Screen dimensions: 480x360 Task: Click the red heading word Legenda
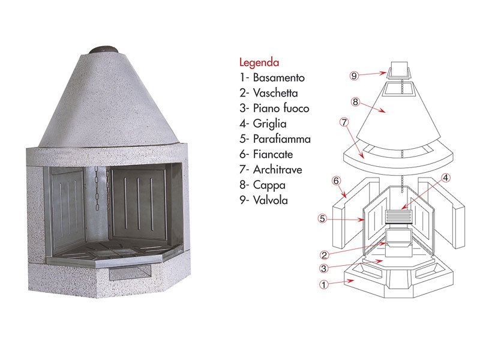click(x=259, y=63)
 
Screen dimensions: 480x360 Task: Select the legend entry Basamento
click(x=272, y=77)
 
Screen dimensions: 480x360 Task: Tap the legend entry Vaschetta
click(x=268, y=93)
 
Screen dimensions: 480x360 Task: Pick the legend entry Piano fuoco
click(x=274, y=108)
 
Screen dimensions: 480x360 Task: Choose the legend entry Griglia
click(x=263, y=124)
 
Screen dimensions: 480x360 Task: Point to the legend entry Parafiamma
click(x=275, y=139)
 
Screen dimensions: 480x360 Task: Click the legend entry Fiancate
click(x=266, y=154)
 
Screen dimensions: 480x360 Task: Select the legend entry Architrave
click(x=271, y=170)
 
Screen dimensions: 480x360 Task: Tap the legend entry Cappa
click(x=262, y=185)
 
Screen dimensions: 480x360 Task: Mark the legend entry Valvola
click(x=263, y=200)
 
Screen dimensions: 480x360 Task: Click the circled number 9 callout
click(x=354, y=76)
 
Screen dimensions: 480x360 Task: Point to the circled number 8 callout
click(x=355, y=101)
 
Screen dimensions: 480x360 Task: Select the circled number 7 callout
click(x=344, y=122)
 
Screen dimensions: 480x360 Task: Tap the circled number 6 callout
click(x=336, y=181)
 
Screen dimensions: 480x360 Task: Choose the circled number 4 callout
click(x=446, y=178)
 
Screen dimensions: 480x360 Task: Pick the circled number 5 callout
click(x=322, y=218)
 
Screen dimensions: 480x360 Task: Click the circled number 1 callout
click(x=323, y=284)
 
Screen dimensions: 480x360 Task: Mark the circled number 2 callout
click(x=324, y=254)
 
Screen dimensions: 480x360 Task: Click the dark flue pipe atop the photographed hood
click(x=104, y=50)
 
